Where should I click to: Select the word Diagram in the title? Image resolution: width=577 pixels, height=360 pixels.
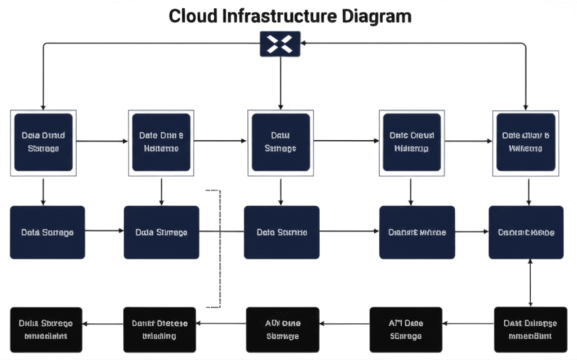click(376, 16)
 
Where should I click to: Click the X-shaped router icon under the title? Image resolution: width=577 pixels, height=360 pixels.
click(280, 43)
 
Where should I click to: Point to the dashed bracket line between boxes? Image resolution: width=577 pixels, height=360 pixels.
click(219, 248)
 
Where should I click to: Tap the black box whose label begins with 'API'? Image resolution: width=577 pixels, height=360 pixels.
click(405, 330)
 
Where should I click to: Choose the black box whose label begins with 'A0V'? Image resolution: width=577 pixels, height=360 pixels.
click(283, 330)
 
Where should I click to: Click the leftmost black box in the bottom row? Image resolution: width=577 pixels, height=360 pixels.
click(46, 330)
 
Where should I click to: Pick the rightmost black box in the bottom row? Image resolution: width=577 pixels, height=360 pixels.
click(530, 330)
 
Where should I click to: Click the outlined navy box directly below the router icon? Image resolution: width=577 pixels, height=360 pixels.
click(280, 142)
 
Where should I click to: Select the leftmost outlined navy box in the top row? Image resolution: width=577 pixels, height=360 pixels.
click(43, 142)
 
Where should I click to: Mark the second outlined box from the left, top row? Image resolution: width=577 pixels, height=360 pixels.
click(161, 142)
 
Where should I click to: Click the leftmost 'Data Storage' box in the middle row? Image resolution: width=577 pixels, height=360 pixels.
click(47, 232)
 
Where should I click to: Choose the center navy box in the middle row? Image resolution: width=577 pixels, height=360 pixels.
click(281, 232)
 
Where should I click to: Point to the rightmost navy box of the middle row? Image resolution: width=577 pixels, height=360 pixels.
click(526, 232)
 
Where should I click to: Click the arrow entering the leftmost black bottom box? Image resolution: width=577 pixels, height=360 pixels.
click(88, 323)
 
